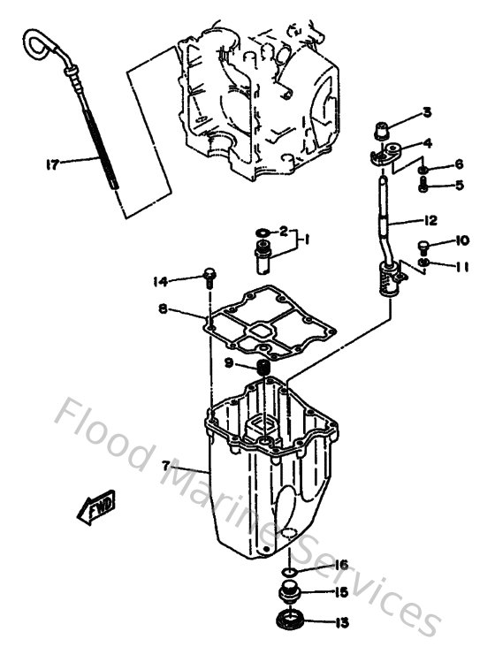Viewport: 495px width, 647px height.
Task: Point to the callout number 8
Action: click(164, 309)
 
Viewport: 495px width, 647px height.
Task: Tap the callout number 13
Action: click(341, 622)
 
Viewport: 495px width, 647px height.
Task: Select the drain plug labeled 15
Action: click(290, 593)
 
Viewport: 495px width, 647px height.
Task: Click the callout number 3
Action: click(427, 112)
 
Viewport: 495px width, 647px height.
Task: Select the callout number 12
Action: click(430, 221)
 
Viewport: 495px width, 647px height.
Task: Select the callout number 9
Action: click(229, 362)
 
